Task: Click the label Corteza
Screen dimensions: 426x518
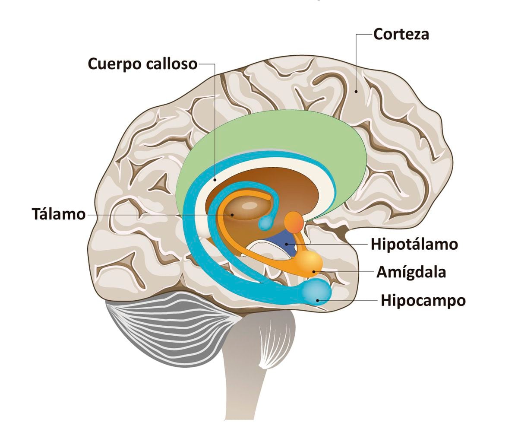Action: (401, 34)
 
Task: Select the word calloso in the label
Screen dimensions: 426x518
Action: (172, 64)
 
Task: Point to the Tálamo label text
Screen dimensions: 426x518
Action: (59, 214)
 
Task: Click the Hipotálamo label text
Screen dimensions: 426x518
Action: (414, 245)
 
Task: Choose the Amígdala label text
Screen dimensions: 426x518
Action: (411, 273)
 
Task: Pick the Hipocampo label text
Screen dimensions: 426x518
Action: (423, 301)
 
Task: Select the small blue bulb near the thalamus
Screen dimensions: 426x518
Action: (265, 223)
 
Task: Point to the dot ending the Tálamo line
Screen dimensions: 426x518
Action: (232, 214)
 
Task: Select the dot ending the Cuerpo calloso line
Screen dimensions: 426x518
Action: (215, 179)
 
